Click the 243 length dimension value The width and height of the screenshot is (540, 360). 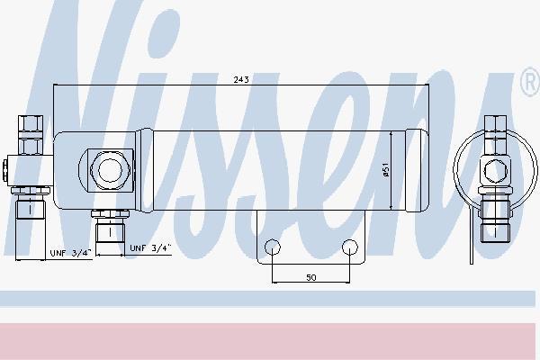tap(241, 79)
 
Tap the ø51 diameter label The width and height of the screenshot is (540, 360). tap(386, 170)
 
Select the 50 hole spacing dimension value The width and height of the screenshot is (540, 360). tap(311, 277)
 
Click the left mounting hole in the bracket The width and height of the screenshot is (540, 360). tap(273, 247)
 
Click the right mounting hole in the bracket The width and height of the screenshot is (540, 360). tap(350, 247)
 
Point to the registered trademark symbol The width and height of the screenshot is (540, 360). tap(530, 82)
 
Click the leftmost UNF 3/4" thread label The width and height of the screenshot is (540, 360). tap(70, 253)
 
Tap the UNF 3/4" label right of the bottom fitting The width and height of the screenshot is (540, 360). tap(150, 248)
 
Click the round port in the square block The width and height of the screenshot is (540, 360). tap(110, 169)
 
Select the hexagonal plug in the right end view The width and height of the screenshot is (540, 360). tap(495, 169)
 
